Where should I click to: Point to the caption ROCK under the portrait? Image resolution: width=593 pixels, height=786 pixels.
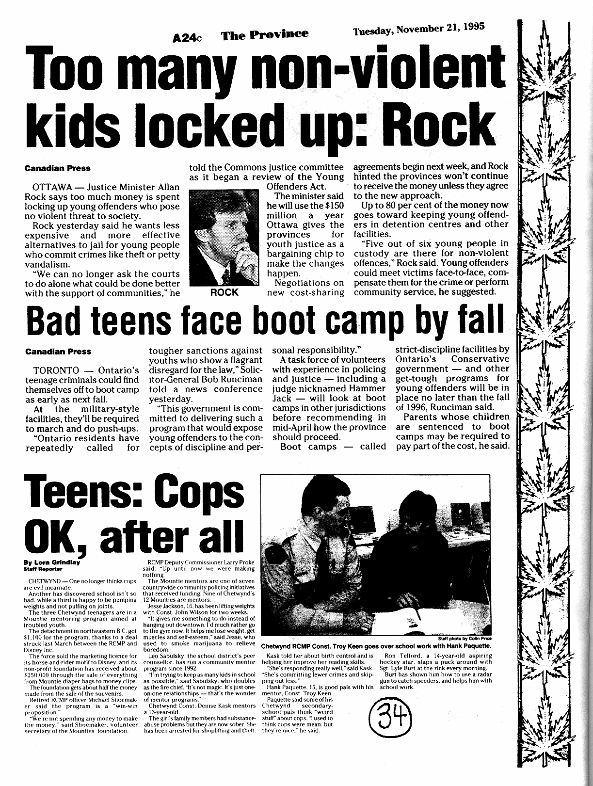click(224, 292)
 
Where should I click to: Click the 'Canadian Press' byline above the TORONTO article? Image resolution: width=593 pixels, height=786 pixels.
click(58, 351)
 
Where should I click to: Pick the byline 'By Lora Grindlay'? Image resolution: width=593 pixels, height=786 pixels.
click(52, 562)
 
